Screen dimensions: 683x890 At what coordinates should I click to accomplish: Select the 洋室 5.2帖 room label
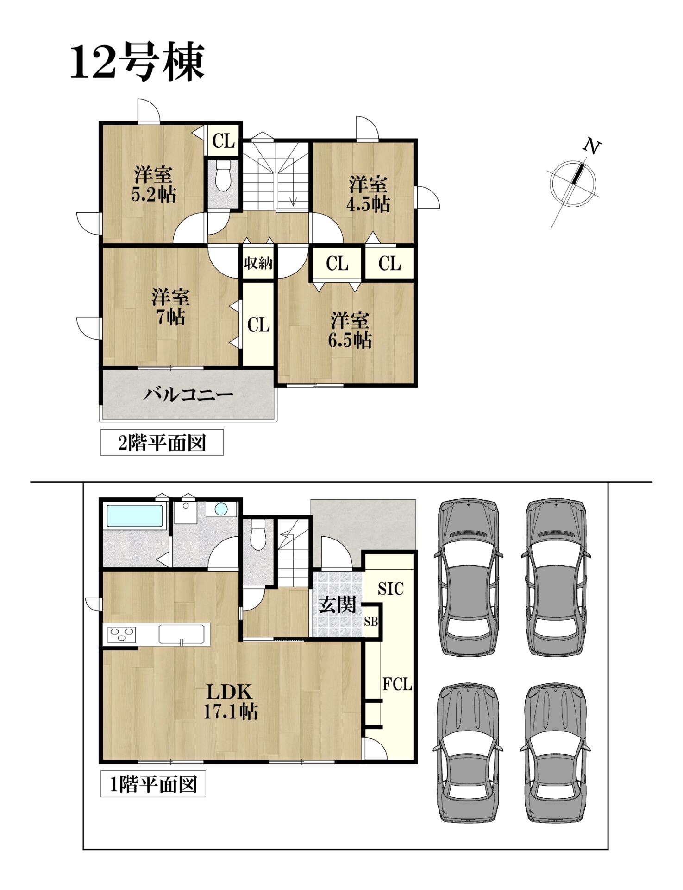154,184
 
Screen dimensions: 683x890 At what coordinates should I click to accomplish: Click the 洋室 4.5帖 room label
368,194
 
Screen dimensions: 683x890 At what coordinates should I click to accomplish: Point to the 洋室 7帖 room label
170,307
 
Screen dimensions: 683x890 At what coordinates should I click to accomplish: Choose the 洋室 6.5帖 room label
350,331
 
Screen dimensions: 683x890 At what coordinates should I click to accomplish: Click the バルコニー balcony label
188,395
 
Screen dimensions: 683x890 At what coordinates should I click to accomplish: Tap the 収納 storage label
258,263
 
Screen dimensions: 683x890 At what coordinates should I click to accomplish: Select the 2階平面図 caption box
162,443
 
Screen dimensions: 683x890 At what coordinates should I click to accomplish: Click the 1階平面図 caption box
153,784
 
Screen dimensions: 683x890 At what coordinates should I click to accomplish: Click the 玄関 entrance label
337,604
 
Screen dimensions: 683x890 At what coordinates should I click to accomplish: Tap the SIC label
391,589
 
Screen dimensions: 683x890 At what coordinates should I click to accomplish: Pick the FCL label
397,684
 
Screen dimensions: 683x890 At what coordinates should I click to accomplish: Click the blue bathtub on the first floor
135,516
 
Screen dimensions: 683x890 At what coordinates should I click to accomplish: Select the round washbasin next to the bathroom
221,509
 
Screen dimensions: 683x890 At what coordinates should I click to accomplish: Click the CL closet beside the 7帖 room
258,325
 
